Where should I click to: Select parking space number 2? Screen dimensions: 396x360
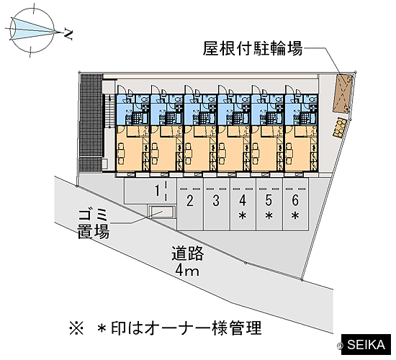coord(190,204)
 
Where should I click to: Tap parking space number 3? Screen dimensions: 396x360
coord(217,204)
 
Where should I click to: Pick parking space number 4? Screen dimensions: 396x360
coord(243,204)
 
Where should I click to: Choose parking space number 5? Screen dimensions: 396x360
coord(269,204)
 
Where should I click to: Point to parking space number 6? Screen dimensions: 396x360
coord(295,204)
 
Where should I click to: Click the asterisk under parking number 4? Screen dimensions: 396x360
coord(243,215)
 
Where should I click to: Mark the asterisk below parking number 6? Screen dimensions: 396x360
coord(295,215)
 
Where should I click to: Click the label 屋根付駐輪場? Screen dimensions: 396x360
coord(253,48)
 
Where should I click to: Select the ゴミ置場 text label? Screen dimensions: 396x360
coord(94,224)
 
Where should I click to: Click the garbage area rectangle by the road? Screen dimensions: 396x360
coord(161,212)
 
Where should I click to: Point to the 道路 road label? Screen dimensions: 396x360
coord(188,253)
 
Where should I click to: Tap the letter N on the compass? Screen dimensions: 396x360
coord(68,35)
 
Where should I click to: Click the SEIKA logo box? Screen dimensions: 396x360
coord(366,345)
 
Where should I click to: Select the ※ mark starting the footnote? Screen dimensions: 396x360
coord(76,328)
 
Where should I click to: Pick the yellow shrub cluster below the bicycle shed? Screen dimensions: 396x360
coord(340,128)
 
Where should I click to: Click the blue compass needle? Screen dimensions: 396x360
coord(35,30)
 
